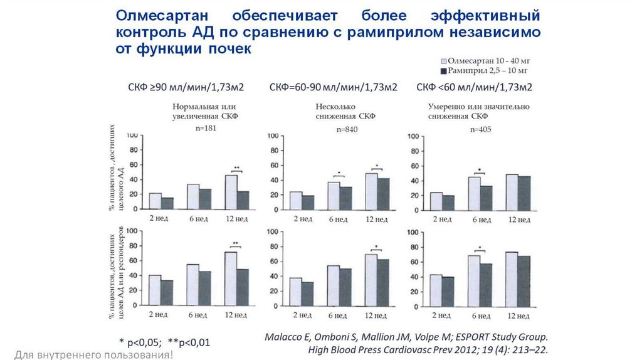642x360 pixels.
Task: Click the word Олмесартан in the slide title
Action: pos(162,15)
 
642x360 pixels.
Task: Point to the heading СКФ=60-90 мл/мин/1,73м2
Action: pos(333,87)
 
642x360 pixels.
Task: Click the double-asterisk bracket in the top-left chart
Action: pos(236,169)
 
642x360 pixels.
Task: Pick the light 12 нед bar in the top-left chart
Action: pos(231,192)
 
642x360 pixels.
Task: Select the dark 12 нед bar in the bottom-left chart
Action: pos(243,287)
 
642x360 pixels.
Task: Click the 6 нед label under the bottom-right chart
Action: pos(480,315)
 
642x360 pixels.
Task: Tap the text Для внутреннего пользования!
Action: pos(86,355)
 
